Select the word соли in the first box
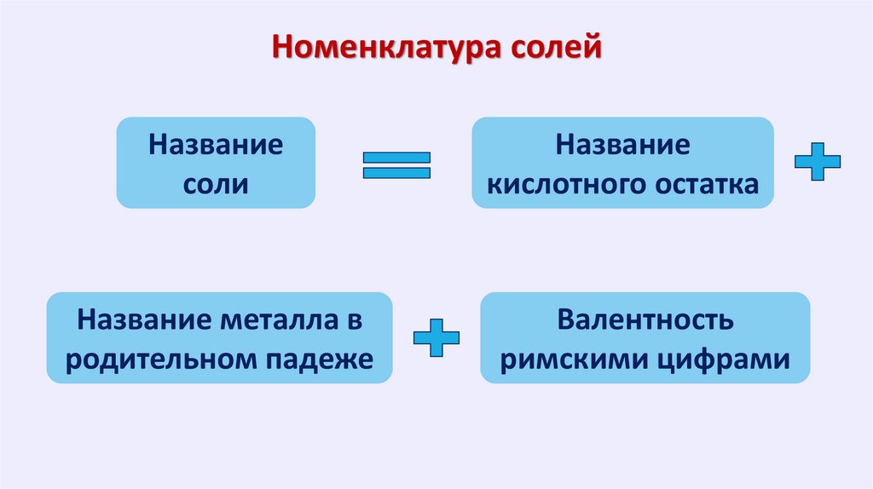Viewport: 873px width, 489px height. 216,183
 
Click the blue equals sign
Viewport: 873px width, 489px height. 396,165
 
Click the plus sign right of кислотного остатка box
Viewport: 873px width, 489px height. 817,161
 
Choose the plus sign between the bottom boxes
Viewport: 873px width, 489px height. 436,337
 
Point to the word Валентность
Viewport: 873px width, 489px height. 645,321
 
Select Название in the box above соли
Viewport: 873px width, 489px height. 216,143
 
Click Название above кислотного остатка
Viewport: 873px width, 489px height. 623,143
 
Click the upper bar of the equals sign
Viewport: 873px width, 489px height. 396,158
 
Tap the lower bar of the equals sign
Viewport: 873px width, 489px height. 396,173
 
